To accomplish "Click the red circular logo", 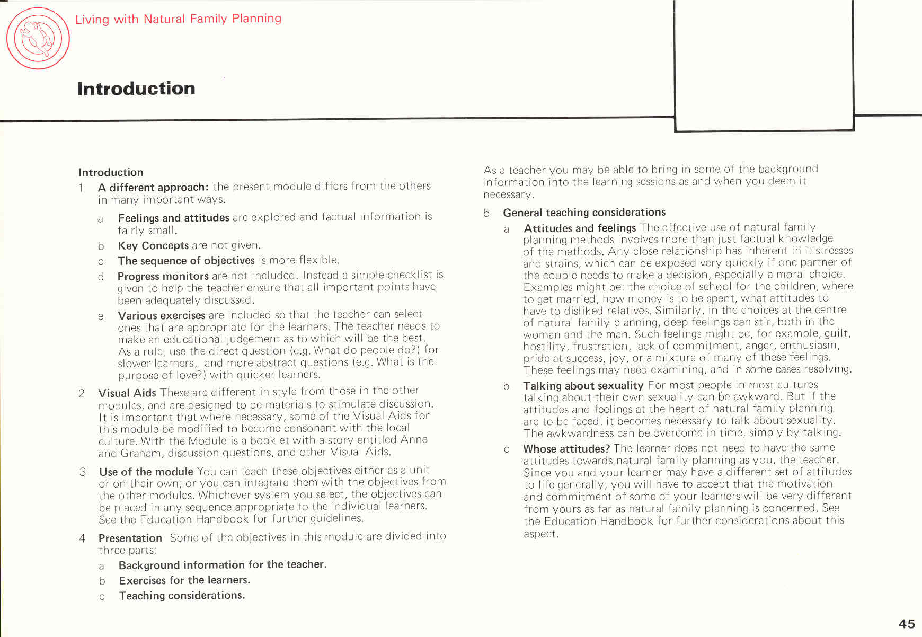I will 38,38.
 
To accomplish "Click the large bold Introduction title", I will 136,89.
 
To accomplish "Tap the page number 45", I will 907,624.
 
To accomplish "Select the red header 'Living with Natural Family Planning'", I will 178,19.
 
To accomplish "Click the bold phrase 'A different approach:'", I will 153,187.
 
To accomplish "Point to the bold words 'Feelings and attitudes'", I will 173,218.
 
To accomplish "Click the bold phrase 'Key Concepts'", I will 153,245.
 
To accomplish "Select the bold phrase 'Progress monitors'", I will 163,276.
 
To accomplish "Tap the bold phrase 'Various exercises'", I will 161,315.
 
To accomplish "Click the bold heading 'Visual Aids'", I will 127,393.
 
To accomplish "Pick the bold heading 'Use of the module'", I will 146,472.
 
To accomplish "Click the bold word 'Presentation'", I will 130,538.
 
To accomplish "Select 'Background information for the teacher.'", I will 223,565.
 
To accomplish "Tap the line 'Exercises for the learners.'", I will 184,580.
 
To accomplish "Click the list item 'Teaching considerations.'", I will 182,596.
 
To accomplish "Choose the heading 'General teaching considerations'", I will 584,213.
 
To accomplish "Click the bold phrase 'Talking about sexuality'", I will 583,385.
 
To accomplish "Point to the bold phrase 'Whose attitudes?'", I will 566,449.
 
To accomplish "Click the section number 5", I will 486,213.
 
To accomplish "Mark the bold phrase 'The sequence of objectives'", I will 186,261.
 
